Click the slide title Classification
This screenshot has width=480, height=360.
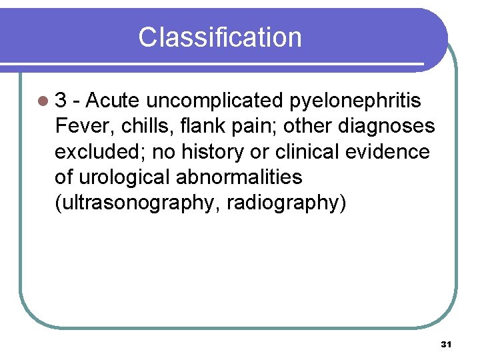pos(220,37)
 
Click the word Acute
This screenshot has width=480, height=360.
pos(113,101)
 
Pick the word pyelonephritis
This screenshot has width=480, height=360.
pos(357,101)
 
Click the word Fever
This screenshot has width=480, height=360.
pos(79,126)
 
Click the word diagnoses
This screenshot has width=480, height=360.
pos(387,126)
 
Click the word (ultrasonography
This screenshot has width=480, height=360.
pos(137,203)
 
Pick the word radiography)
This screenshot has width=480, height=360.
pos(287,203)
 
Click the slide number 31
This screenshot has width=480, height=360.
pos(447,345)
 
